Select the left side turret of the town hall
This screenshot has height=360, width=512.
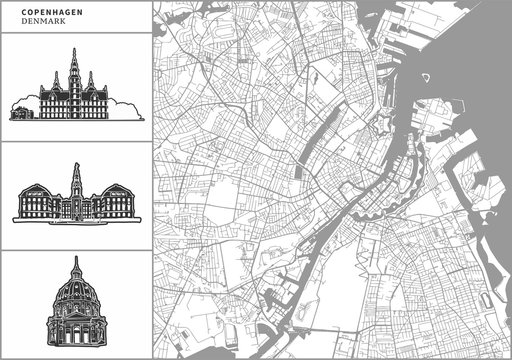(56, 81)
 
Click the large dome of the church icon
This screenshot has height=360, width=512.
(74, 295)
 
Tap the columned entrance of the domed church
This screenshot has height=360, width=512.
(74, 334)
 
